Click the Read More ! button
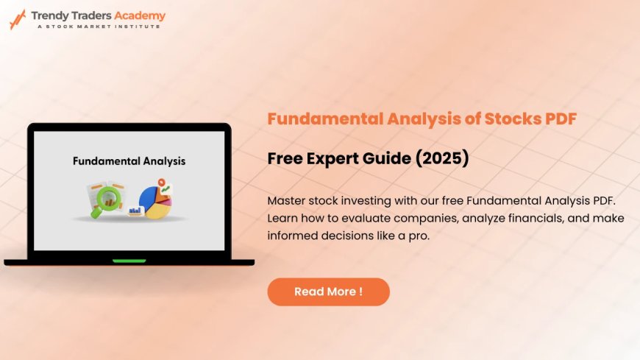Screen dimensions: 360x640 pyautogui.click(x=328, y=292)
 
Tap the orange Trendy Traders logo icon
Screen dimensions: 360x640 pyautogui.click(x=17, y=19)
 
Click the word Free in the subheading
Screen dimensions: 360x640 pyautogui.click(x=285, y=158)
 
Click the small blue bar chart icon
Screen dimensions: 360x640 pyautogui.click(x=135, y=211)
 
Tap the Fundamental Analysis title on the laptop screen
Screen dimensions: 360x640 pyautogui.click(x=129, y=160)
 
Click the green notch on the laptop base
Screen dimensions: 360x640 pyautogui.click(x=129, y=261)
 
